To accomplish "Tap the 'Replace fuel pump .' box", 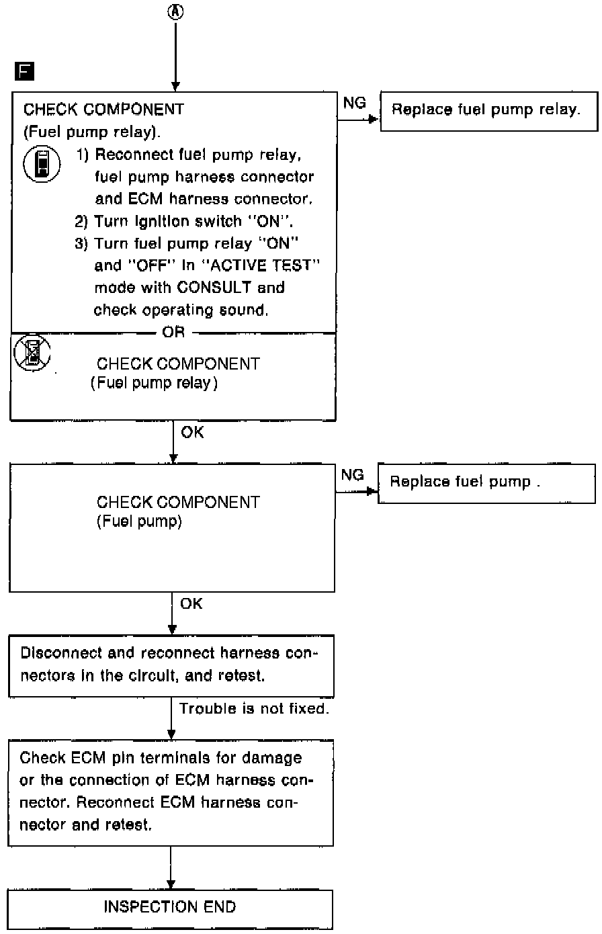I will click(x=486, y=482).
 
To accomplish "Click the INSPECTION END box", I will click(x=171, y=908).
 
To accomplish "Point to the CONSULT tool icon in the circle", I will click(x=38, y=165).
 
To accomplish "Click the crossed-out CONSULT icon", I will click(x=31, y=352).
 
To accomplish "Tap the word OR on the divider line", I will click(x=173, y=333).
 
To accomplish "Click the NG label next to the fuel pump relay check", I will click(x=354, y=103).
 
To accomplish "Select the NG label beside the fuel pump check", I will click(x=353, y=476).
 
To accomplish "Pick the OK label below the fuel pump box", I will click(x=191, y=604).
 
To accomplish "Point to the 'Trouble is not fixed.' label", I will click(x=254, y=709).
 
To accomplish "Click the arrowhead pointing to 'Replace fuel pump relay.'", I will click(x=375, y=121).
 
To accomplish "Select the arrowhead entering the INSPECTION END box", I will click(x=172, y=884).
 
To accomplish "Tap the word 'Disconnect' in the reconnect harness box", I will click(x=52, y=653).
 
